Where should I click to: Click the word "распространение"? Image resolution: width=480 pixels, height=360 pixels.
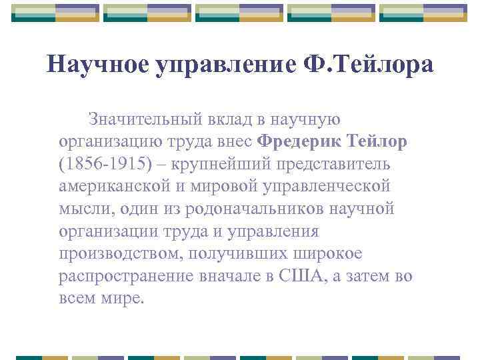pyautogui.click(x=128, y=277)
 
